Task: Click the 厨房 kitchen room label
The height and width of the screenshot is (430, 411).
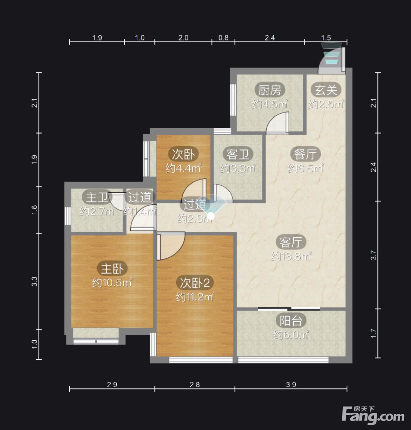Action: click(270, 90)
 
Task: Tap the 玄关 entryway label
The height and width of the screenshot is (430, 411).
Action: click(326, 90)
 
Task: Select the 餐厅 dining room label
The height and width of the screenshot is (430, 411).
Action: click(306, 154)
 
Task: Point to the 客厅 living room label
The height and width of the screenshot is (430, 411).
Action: click(291, 242)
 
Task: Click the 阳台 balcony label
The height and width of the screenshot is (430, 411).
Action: click(291, 321)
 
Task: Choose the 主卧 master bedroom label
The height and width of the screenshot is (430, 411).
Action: click(112, 269)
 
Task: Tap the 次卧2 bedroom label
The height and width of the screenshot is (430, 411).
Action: click(195, 283)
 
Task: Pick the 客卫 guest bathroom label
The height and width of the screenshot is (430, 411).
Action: click(238, 154)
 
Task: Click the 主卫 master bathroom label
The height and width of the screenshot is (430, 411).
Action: click(97, 197)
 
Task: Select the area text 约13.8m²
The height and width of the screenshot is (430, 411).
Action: click(291, 256)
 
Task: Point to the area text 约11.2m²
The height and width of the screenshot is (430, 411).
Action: click(195, 297)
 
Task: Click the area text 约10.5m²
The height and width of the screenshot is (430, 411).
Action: click(112, 283)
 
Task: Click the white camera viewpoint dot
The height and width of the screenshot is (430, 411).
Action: click(211, 216)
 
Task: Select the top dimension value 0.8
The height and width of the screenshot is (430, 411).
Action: click(223, 38)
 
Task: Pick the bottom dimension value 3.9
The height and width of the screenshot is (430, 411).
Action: click(291, 385)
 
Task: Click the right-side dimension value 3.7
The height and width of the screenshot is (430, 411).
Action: click(373, 255)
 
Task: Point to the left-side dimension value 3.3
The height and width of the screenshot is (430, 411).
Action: click(35, 281)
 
